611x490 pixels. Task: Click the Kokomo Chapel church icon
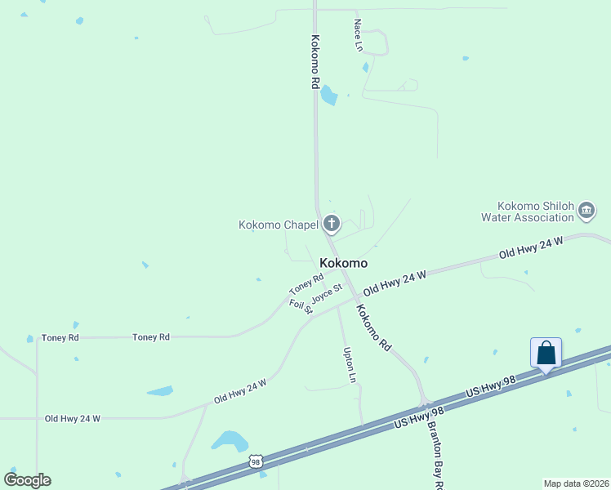tap(331, 223)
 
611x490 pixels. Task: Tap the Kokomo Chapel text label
tap(279, 225)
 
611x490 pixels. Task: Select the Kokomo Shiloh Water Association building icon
tap(586, 212)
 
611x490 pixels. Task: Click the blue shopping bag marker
tap(546, 354)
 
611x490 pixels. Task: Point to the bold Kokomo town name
tap(343, 264)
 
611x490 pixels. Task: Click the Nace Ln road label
tap(358, 35)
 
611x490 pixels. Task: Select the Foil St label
tap(301, 307)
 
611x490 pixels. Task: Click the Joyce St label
tap(325, 293)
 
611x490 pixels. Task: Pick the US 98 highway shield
tap(256, 462)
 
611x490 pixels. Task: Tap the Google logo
tap(27, 479)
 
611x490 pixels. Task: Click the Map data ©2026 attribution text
tap(577, 483)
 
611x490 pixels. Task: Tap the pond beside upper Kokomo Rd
tap(328, 96)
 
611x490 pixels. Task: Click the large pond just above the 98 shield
tap(230, 441)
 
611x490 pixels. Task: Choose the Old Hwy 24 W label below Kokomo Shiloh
tap(532, 248)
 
